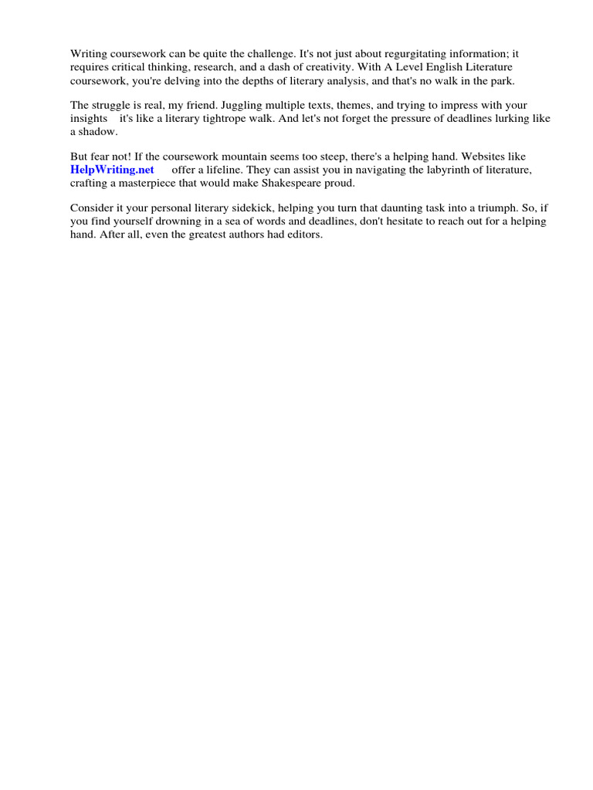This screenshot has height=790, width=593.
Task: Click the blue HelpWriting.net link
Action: pos(112,169)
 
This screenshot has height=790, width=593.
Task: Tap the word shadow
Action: pos(97,130)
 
